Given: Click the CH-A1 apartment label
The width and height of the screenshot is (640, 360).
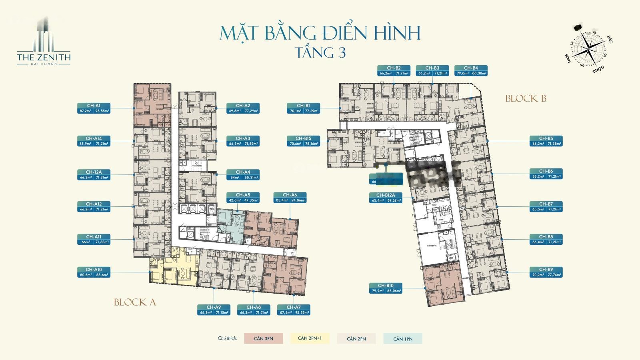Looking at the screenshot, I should (94, 108).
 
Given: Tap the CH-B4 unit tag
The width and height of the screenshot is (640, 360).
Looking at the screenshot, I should (471, 71).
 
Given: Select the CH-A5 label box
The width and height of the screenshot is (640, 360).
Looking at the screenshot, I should (243, 198).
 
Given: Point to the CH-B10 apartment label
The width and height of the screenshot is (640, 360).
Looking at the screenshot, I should (386, 288).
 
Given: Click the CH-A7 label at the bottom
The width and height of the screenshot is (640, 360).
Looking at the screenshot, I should (294, 310).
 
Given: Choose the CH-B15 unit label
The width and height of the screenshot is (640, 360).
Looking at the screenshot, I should (304, 141).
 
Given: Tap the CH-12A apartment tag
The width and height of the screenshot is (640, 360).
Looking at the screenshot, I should (94, 175).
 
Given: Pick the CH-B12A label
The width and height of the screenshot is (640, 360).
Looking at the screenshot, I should (386, 198).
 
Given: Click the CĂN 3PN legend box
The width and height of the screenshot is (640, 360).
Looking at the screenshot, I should (264, 338).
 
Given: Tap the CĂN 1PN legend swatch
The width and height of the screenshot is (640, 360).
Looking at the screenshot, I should (403, 338).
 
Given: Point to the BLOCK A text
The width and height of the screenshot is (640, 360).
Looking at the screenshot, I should (135, 302).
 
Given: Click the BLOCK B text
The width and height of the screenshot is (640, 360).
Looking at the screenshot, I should (526, 98).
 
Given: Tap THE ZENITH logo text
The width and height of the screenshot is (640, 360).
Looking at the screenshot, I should (44, 57).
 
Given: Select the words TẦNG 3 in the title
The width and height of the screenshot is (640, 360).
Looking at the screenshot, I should (320, 53).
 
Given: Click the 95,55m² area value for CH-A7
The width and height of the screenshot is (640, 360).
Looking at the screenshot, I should (302, 313).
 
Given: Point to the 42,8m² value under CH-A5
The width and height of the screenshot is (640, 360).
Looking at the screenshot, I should (235, 200).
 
